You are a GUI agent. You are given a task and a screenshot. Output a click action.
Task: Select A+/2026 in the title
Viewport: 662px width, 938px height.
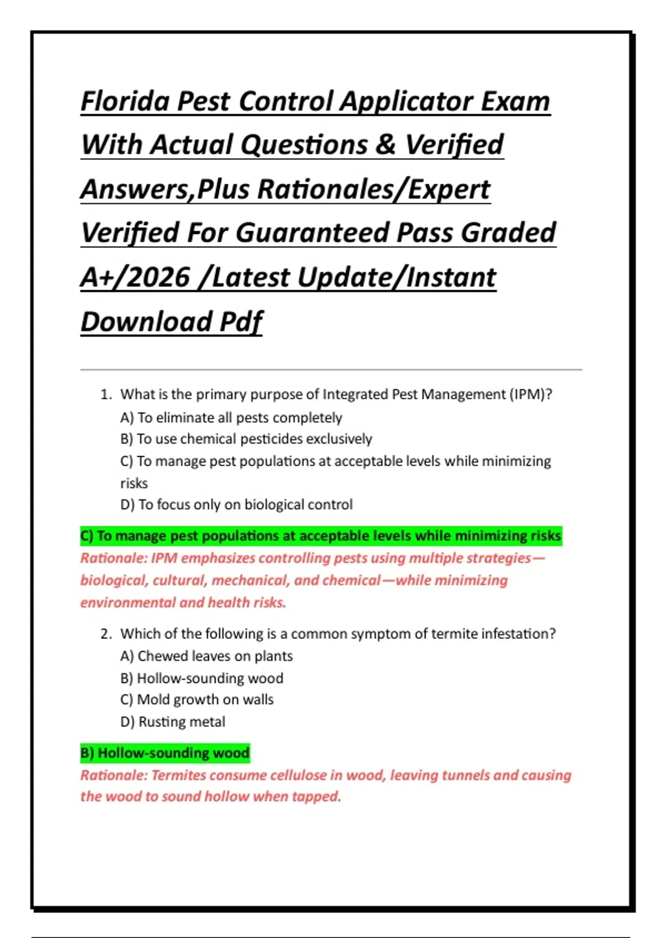(x=135, y=277)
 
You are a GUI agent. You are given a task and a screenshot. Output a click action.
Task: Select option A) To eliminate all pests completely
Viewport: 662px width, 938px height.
(x=231, y=418)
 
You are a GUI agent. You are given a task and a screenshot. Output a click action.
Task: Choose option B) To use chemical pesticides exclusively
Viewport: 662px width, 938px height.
(x=246, y=439)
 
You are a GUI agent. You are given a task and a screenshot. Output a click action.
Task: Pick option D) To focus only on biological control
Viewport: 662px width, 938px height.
(x=236, y=505)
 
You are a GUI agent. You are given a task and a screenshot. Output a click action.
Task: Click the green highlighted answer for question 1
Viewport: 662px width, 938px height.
(x=321, y=536)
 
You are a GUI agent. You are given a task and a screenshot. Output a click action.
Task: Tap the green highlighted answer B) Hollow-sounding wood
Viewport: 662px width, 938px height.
(x=165, y=753)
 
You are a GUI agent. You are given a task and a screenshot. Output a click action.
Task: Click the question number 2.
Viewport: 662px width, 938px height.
(x=106, y=634)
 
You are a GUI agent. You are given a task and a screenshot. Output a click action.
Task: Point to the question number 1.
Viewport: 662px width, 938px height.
(x=106, y=395)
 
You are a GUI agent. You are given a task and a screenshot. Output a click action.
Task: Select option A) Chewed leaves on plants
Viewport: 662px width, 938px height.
(x=206, y=656)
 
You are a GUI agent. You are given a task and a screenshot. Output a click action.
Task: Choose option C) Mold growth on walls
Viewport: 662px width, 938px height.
(x=197, y=700)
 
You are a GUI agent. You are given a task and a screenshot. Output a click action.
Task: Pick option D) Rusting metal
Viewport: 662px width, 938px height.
(x=173, y=722)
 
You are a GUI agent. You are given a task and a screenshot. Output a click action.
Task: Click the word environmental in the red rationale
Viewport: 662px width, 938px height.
(x=127, y=603)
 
